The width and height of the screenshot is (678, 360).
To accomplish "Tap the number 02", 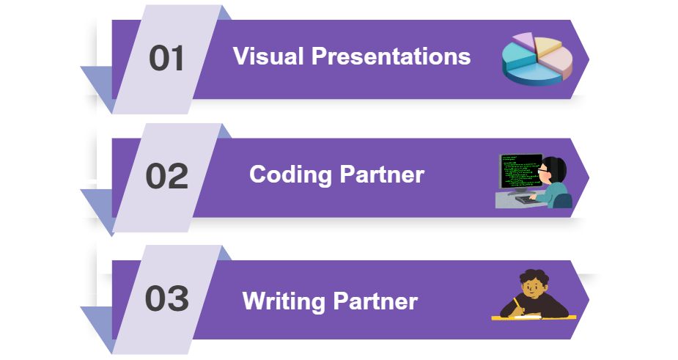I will point(166,177).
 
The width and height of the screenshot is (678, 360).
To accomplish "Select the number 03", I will point(166,299).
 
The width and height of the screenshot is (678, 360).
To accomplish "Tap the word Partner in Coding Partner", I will point(382,175).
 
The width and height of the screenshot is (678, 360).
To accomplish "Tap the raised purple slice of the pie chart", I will point(523,39).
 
